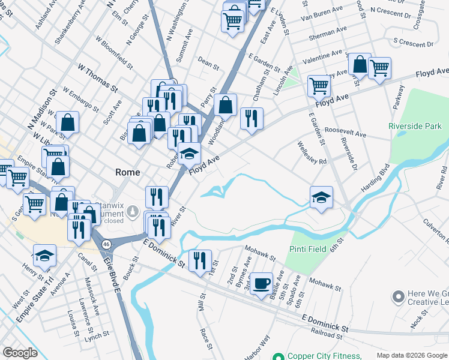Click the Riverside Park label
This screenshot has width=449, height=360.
point(415,126)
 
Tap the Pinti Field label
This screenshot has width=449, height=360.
point(307,248)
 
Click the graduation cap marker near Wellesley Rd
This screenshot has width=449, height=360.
point(321,197)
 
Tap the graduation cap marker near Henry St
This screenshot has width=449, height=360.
point(44,256)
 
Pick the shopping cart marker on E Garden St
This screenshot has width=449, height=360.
point(319,86)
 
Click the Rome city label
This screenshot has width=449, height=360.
point(127,172)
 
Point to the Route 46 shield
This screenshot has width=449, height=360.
point(106,244)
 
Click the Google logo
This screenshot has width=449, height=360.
point(20,353)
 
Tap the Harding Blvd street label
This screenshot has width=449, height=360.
point(375,178)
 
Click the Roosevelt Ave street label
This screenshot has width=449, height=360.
point(345,132)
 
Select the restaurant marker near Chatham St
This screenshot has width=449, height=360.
point(252,118)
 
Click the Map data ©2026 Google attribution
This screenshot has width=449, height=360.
point(411,355)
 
